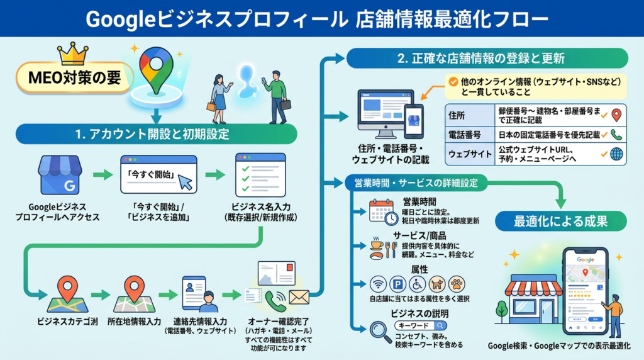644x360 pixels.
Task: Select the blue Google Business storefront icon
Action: [x=60, y=175]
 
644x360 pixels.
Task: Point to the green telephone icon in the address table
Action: [x=616, y=135]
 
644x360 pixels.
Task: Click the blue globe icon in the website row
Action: [x=616, y=154]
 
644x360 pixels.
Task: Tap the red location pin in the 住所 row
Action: [x=616, y=115]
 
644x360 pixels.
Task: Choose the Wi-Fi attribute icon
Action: [x=378, y=284]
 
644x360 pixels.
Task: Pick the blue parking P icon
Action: [x=397, y=284]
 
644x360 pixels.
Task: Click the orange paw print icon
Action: [x=457, y=284]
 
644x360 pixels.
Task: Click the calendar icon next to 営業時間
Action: [x=380, y=211]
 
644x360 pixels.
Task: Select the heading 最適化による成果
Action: [x=561, y=222]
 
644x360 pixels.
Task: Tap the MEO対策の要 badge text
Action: [x=69, y=78]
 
